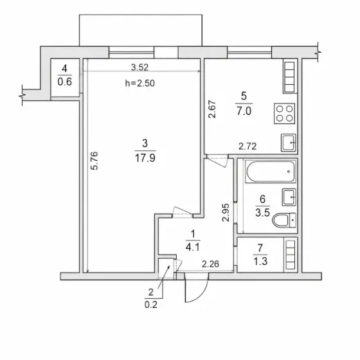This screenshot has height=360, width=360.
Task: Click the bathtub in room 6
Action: point(270,172)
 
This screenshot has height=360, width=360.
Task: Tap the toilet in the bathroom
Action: point(284,220)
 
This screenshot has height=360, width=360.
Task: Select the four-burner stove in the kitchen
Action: point(284,113)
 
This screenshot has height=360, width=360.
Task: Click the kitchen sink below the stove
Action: point(288,143)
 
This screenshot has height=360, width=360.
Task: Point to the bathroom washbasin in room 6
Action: point(289,197)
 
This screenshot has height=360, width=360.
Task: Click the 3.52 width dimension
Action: point(139,67)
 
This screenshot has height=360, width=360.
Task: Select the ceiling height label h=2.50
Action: point(140,83)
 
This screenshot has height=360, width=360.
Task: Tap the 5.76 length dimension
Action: point(94,161)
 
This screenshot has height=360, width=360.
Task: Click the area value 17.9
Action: point(145,158)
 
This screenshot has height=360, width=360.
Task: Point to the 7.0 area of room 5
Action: point(244,111)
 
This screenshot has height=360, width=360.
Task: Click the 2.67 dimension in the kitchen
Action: point(212,109)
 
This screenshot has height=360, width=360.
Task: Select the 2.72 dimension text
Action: point(248,147)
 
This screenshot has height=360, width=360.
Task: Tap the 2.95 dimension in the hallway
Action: point(226,212)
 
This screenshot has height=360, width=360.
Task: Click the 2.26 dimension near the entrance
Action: point(210,264)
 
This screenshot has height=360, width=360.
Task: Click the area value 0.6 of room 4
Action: point(65,82)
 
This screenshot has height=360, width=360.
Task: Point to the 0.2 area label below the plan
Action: point(151,305)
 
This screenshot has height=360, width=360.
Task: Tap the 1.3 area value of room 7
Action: point(260,261)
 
